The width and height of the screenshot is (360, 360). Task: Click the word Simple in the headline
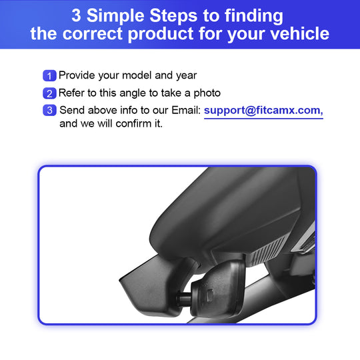click(x=118, y=17)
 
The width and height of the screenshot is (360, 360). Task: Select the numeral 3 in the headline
click(x=76, y=15)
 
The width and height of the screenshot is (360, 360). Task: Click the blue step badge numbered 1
click(x=49, y=75)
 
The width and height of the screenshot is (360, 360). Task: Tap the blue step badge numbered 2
click(x=49, y=93)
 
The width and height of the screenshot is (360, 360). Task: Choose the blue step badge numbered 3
click(x=49, y=110)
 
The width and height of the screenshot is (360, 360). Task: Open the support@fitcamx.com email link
click(x=263, y=111)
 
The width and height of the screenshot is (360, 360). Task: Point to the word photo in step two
click(x=207, y=93)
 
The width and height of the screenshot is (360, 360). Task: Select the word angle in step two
click(x=133, y=94)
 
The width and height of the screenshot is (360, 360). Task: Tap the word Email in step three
click(x=186, y=110)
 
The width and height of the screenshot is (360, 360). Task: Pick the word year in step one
click(x=187, y=76)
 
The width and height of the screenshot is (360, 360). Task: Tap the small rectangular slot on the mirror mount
click(x=210, y=296)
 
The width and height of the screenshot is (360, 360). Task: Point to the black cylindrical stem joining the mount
click(x=184, y=299)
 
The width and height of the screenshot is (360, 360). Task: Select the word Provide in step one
click(x=77, y=75)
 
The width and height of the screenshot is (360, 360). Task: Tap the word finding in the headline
click(x=254, y=17)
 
